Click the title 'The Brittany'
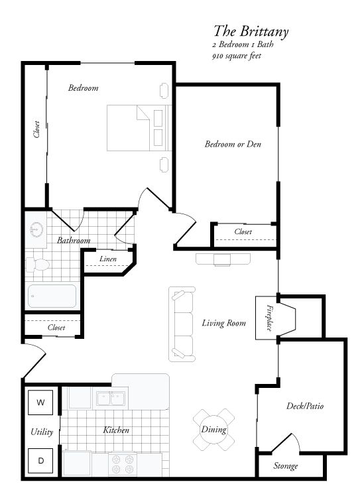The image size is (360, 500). click(251, 31)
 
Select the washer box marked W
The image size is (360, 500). click(40, 402)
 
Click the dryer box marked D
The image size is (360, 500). click(40, 460)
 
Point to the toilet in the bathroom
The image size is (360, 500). click(38, 265)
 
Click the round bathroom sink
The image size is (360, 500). click(36, 230)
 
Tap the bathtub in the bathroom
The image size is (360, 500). click(52, 296)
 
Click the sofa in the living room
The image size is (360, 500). click(182, 324)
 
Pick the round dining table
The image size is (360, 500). click(214, 428)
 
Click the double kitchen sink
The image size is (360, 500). click(111, 399)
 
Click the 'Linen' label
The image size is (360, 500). click(107, 258)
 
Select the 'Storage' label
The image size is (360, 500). click(286, 466)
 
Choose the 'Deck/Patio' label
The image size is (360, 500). click(304, 406)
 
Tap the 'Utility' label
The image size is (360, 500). click(42, 432)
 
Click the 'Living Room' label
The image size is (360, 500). click(223, 323)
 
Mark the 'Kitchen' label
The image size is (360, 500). click(115, 430)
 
